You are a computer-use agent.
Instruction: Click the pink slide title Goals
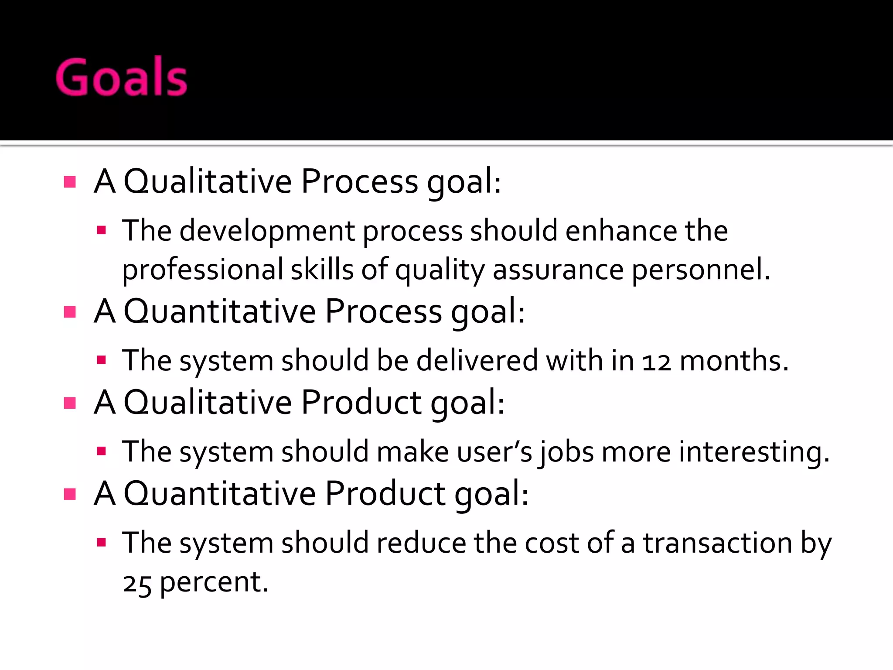122,77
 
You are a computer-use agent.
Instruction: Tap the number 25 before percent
137,584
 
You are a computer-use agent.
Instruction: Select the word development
267,231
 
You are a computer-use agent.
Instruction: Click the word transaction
718,544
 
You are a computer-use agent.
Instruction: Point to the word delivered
477,361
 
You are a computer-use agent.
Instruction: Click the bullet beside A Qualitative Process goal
70,182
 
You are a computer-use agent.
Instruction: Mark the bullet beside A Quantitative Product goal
70,494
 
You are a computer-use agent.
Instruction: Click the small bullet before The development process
102,230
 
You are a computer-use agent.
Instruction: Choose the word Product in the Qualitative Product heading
361,402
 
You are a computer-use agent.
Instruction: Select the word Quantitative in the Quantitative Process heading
220,311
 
